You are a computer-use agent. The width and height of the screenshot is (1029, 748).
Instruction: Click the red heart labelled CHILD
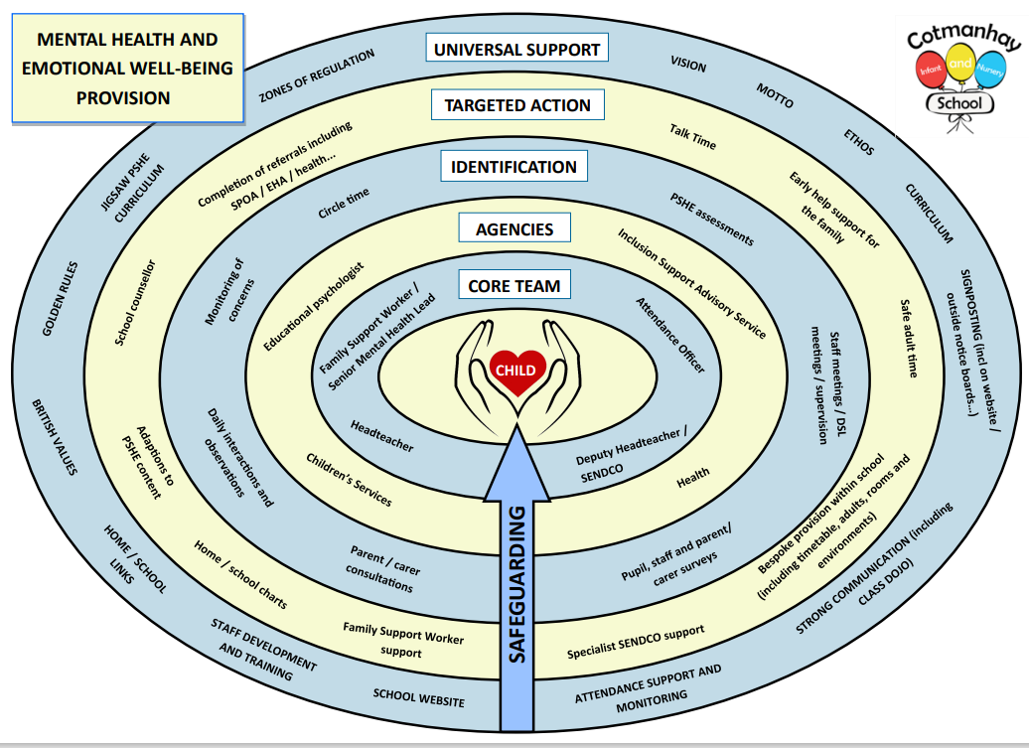click(516, 370)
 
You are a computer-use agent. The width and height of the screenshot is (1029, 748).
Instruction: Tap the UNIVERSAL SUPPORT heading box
click(516, 48)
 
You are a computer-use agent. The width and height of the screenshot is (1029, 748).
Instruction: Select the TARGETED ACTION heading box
click(516, 105)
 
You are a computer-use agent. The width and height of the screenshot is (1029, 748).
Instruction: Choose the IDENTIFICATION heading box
click(514, 166)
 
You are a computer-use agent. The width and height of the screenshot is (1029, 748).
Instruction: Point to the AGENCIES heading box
click(514, 229)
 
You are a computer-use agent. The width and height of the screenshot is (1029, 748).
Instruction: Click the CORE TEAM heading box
click(514, 286)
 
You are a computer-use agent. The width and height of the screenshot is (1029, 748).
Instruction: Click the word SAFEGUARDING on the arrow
click(516, 581)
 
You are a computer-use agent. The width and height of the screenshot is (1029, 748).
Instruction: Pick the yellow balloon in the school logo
click(959, 63)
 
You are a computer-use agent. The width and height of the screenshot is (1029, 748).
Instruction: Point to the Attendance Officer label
click(670, 335)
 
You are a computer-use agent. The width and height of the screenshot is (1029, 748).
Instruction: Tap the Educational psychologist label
click(315, 307)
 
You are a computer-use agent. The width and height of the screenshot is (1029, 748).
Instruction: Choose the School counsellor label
click(135, 303)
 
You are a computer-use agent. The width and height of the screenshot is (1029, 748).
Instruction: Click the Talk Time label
click(692, 138)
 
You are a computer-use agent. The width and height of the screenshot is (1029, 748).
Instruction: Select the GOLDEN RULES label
click(61, 298)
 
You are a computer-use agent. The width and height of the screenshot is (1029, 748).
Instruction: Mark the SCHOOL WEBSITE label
click(418, 697)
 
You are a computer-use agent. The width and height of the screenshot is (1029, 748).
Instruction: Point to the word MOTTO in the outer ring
click(775, 94)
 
